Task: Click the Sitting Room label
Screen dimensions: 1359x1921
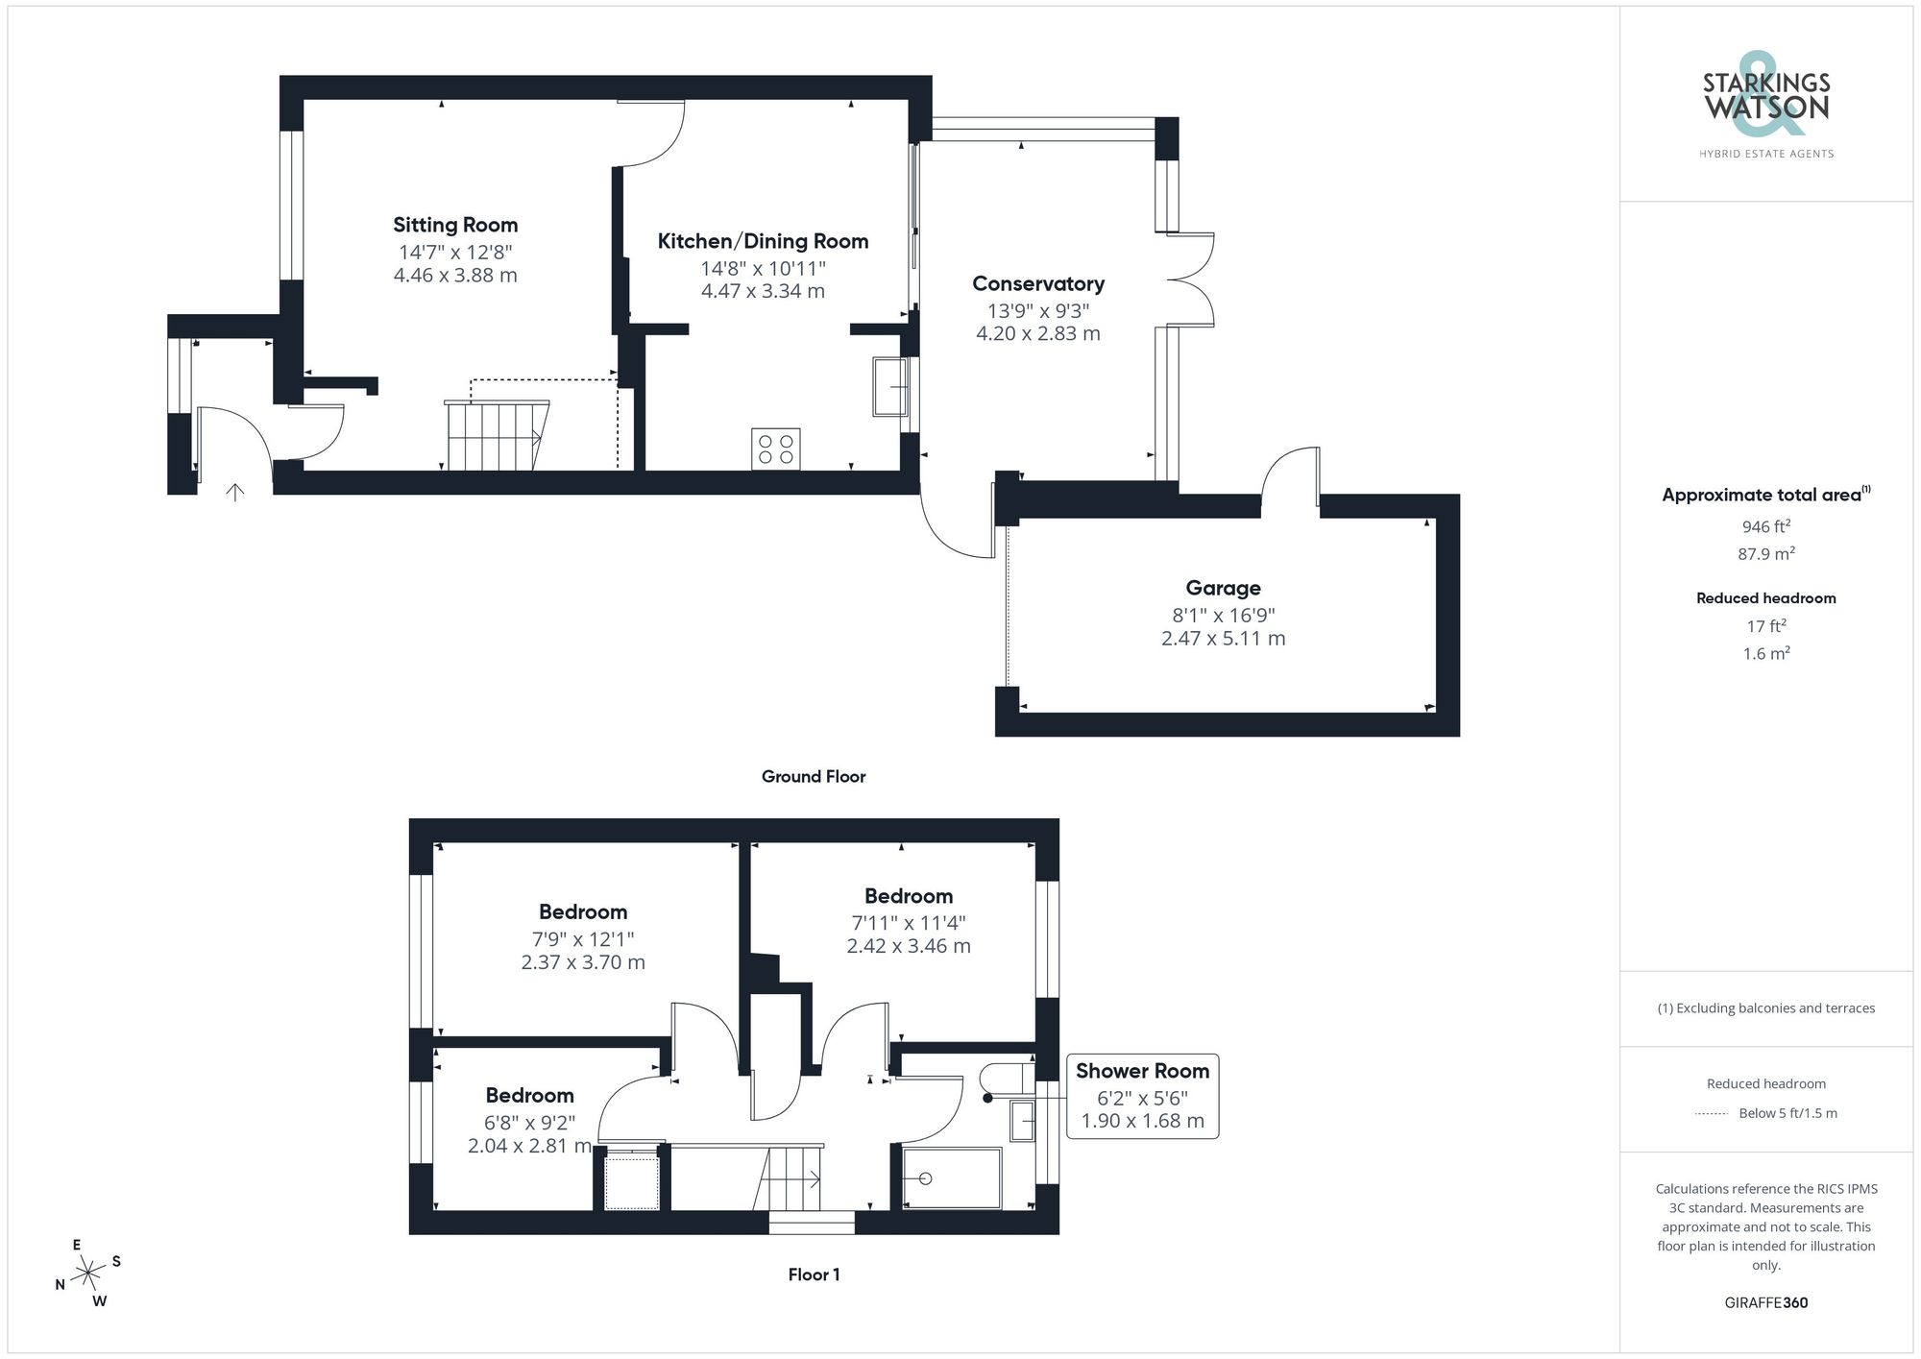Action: (455, 225)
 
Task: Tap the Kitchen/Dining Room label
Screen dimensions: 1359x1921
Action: (763, 241)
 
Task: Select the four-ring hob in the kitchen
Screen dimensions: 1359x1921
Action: (775, 449)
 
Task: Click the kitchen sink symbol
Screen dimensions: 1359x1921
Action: (890, 386)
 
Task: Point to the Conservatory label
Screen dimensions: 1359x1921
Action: (1037, 284)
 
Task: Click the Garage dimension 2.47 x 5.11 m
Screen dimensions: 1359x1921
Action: (1223, 639)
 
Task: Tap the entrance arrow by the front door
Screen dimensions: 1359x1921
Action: (234, 492)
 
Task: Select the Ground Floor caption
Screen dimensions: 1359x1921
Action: (813, 776)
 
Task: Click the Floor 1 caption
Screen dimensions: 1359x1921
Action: (813, 1274)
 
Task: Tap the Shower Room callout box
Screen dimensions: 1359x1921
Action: (1142, 1096)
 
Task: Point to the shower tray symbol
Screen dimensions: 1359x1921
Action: (951, 1178)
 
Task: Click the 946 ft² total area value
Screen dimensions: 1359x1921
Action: (1765, 526)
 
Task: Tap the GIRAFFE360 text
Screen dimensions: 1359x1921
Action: (1765, 1303)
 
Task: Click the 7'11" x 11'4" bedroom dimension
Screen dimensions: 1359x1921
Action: (908, 923)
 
